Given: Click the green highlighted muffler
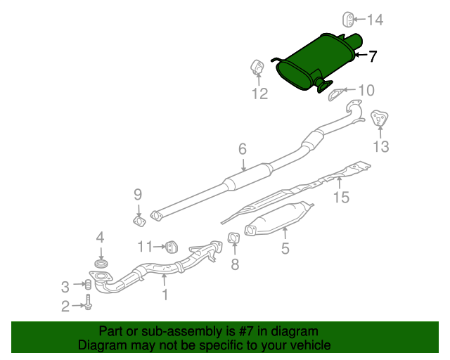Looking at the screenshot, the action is coord(317,63).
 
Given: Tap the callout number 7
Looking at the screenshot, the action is coord(372,56).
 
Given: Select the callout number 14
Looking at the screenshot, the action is coord(375,20).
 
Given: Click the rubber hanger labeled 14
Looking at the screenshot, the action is coord(348,20).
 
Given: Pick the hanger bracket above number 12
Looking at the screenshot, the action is coord(257,67).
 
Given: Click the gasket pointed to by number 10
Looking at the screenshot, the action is coord(336,95).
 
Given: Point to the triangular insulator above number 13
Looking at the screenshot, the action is coord(380,118).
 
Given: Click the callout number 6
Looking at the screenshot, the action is coord(243,149).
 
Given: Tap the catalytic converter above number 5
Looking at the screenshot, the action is coord(278,218).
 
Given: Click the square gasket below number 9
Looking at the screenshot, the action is coord(139,221).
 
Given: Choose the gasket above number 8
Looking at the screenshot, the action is coord(233,238).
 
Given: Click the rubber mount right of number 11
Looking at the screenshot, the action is coord(172,247).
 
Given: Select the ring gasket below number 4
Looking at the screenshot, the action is coord(101,263).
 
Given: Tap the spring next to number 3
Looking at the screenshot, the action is coord(89,285).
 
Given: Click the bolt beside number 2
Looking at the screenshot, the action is coord(89,302).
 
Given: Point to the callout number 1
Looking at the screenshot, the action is coord(165,295).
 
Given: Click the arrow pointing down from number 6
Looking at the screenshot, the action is coord(243,165).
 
